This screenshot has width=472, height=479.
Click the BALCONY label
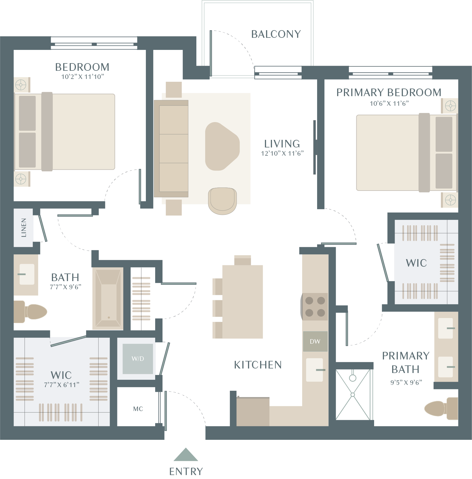click(276, 34)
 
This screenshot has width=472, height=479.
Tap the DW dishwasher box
click(315, 341)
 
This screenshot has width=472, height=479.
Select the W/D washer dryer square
click(138, 359)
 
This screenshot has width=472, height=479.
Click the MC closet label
click(138, 409)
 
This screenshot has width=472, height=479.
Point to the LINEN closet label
click(24, 228)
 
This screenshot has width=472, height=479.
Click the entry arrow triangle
click(186, 455)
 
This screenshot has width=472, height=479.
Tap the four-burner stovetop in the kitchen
click(315, 307)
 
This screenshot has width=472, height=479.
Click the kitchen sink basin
click(315, 370)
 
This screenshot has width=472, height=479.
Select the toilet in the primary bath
click(441, 409)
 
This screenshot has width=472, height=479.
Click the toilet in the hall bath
click(30, 312)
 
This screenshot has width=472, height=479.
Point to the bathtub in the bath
click(108, 299)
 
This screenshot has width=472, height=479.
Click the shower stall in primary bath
click(353, 394)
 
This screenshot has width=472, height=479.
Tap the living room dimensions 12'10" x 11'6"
click(282, 153)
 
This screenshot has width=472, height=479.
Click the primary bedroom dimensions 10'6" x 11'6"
click(389, 103)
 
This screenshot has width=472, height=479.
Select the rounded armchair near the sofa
click(222, 201)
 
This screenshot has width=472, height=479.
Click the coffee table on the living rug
click(222, 146)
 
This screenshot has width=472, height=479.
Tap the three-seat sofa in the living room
click(171, 149)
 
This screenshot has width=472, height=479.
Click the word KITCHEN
click(258, 365)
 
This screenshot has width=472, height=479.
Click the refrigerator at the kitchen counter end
click(253, 412)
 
